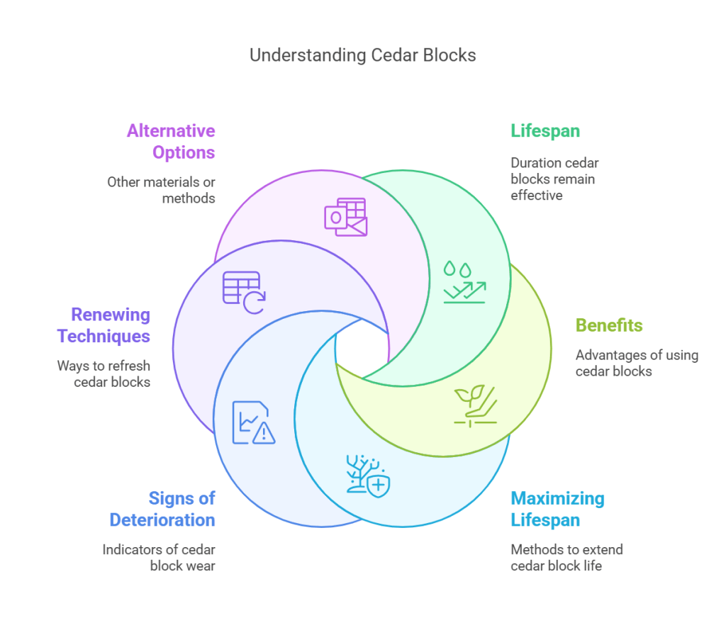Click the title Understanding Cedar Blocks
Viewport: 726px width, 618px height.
pos(362,55)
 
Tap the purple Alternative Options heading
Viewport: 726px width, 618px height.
pos(171,141)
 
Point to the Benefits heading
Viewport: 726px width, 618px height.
pos(608,325)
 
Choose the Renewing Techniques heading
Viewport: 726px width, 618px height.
pos(104,325)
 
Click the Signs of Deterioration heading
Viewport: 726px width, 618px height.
pos(162,509)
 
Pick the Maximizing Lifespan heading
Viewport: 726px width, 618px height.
pos(557,509)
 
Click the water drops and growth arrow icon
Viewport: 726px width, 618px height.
pos(464,281)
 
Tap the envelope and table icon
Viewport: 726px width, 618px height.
pos(346,217)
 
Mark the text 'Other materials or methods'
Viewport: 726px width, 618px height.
pos(161,190)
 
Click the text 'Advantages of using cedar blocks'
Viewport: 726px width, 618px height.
pos(636,362)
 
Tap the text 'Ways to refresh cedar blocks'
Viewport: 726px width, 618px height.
pos(104,373)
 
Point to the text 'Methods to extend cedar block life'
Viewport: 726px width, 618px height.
pos(566,557)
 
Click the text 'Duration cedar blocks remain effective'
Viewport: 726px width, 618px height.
pos(554,179)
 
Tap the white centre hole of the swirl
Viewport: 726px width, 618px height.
pos(360,347)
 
